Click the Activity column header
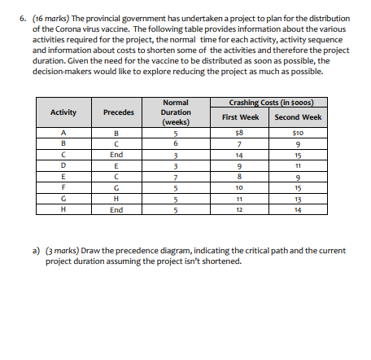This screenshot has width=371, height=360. click(63, 112)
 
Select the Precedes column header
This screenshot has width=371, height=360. click(117, 112)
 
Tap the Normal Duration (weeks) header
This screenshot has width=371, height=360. click(176, 112)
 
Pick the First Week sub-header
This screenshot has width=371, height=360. click(240, 116)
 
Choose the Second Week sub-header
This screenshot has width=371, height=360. click(299, 116)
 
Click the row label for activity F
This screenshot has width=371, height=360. click(63, 187)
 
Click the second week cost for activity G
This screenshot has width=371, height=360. click(299, 198)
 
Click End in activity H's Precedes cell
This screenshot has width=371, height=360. click(117, 209)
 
